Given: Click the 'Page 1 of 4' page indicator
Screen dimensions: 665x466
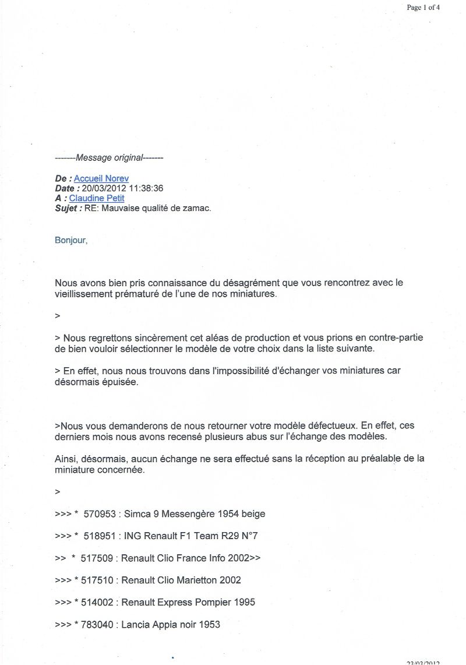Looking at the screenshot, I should [423, 8].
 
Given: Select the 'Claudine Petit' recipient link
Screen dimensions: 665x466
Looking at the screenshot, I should [97, 198].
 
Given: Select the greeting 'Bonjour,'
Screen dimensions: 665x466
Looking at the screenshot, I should [71, 240].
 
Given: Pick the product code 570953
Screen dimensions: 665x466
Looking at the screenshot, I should [100, 513].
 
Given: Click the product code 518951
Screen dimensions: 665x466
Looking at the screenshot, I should [100, 536].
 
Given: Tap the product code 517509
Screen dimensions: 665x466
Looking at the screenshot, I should [97, 558].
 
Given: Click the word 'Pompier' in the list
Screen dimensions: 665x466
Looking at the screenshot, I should [207, 602].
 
